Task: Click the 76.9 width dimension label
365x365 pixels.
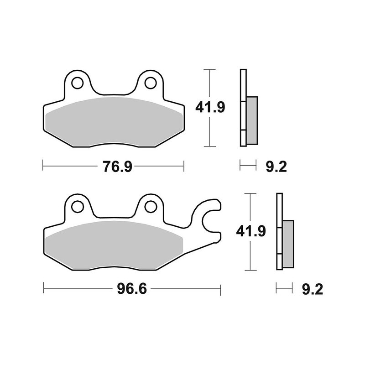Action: [x=117, y=167]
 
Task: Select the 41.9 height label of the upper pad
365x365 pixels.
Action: [x=210, y=108]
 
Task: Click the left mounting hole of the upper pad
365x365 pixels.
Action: [x=78, y=83]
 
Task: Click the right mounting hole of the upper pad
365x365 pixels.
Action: [x=150, y=83]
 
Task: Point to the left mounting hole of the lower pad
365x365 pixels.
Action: [x=77, y=207]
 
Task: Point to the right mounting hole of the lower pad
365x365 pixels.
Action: [x=150, y=207]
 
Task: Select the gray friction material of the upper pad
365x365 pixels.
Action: [x=114, y=121]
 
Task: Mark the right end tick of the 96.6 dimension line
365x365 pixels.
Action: [x=220, y=289]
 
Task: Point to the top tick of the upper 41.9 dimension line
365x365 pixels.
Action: [x=209, y=70]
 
